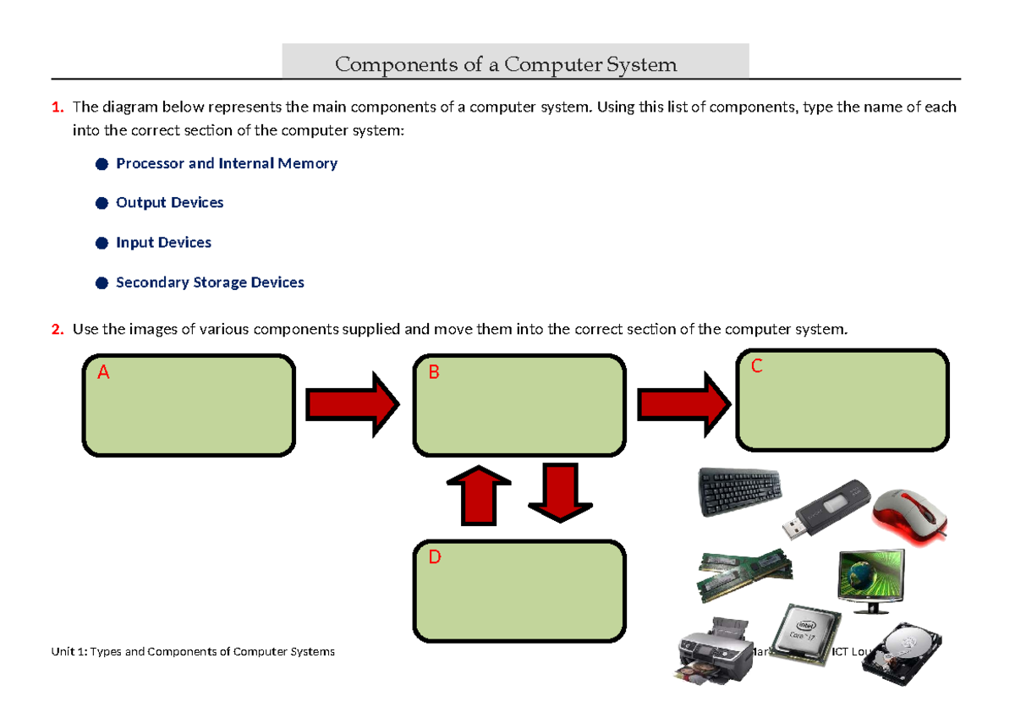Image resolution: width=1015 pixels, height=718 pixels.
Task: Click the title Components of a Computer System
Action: tap(506, 63)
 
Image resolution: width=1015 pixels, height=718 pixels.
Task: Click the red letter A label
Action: tap(103, 373)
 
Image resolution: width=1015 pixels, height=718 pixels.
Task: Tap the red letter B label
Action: tap(434, 373)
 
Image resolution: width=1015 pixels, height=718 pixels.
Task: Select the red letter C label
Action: tap(757, 366)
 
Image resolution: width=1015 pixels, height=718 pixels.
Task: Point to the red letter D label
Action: tap(435, 558)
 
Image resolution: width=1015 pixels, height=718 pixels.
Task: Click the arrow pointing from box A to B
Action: tap(352, 405)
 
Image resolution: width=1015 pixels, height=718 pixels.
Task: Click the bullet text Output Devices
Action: tap(169, 203)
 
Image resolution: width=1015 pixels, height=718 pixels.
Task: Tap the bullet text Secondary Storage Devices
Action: tap(210, 282)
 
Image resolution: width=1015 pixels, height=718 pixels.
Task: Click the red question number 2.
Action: tap(58, 329)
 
